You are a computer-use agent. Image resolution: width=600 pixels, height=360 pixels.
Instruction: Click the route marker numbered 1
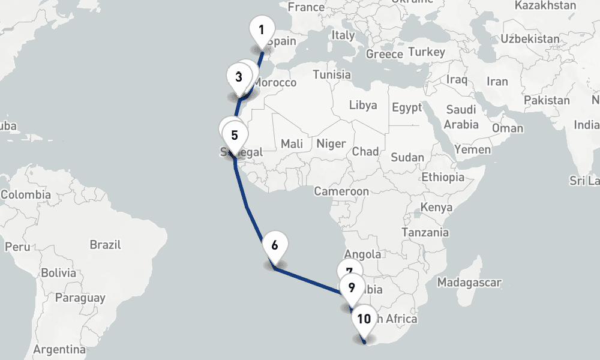(262, 30)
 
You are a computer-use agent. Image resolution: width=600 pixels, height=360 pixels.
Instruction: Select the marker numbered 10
(364, 319)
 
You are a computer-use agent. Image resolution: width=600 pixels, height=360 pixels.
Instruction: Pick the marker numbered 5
(234, 136)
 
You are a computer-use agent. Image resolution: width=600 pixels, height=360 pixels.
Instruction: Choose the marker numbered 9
(352, 287)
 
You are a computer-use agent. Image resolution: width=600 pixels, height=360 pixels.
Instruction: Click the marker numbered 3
(239, 77)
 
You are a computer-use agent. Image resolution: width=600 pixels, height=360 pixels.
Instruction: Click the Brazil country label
(105, 245)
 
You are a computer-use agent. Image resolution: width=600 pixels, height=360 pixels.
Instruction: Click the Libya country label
(363, 106)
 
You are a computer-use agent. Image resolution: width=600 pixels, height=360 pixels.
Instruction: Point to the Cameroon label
(341, 191)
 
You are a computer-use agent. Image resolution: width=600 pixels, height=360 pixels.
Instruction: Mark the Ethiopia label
(443, 177)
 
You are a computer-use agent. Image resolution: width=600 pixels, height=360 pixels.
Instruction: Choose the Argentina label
(59, 349)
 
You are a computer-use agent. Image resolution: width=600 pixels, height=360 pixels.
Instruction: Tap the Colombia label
(26, 195)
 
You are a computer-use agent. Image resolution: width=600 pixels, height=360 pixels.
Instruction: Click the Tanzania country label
(425, 232)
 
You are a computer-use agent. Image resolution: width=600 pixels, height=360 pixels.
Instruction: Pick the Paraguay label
(80, 298)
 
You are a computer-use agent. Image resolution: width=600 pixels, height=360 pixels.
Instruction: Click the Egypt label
(407, 108)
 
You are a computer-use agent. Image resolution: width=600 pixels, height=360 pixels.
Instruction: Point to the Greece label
(385, 54)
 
